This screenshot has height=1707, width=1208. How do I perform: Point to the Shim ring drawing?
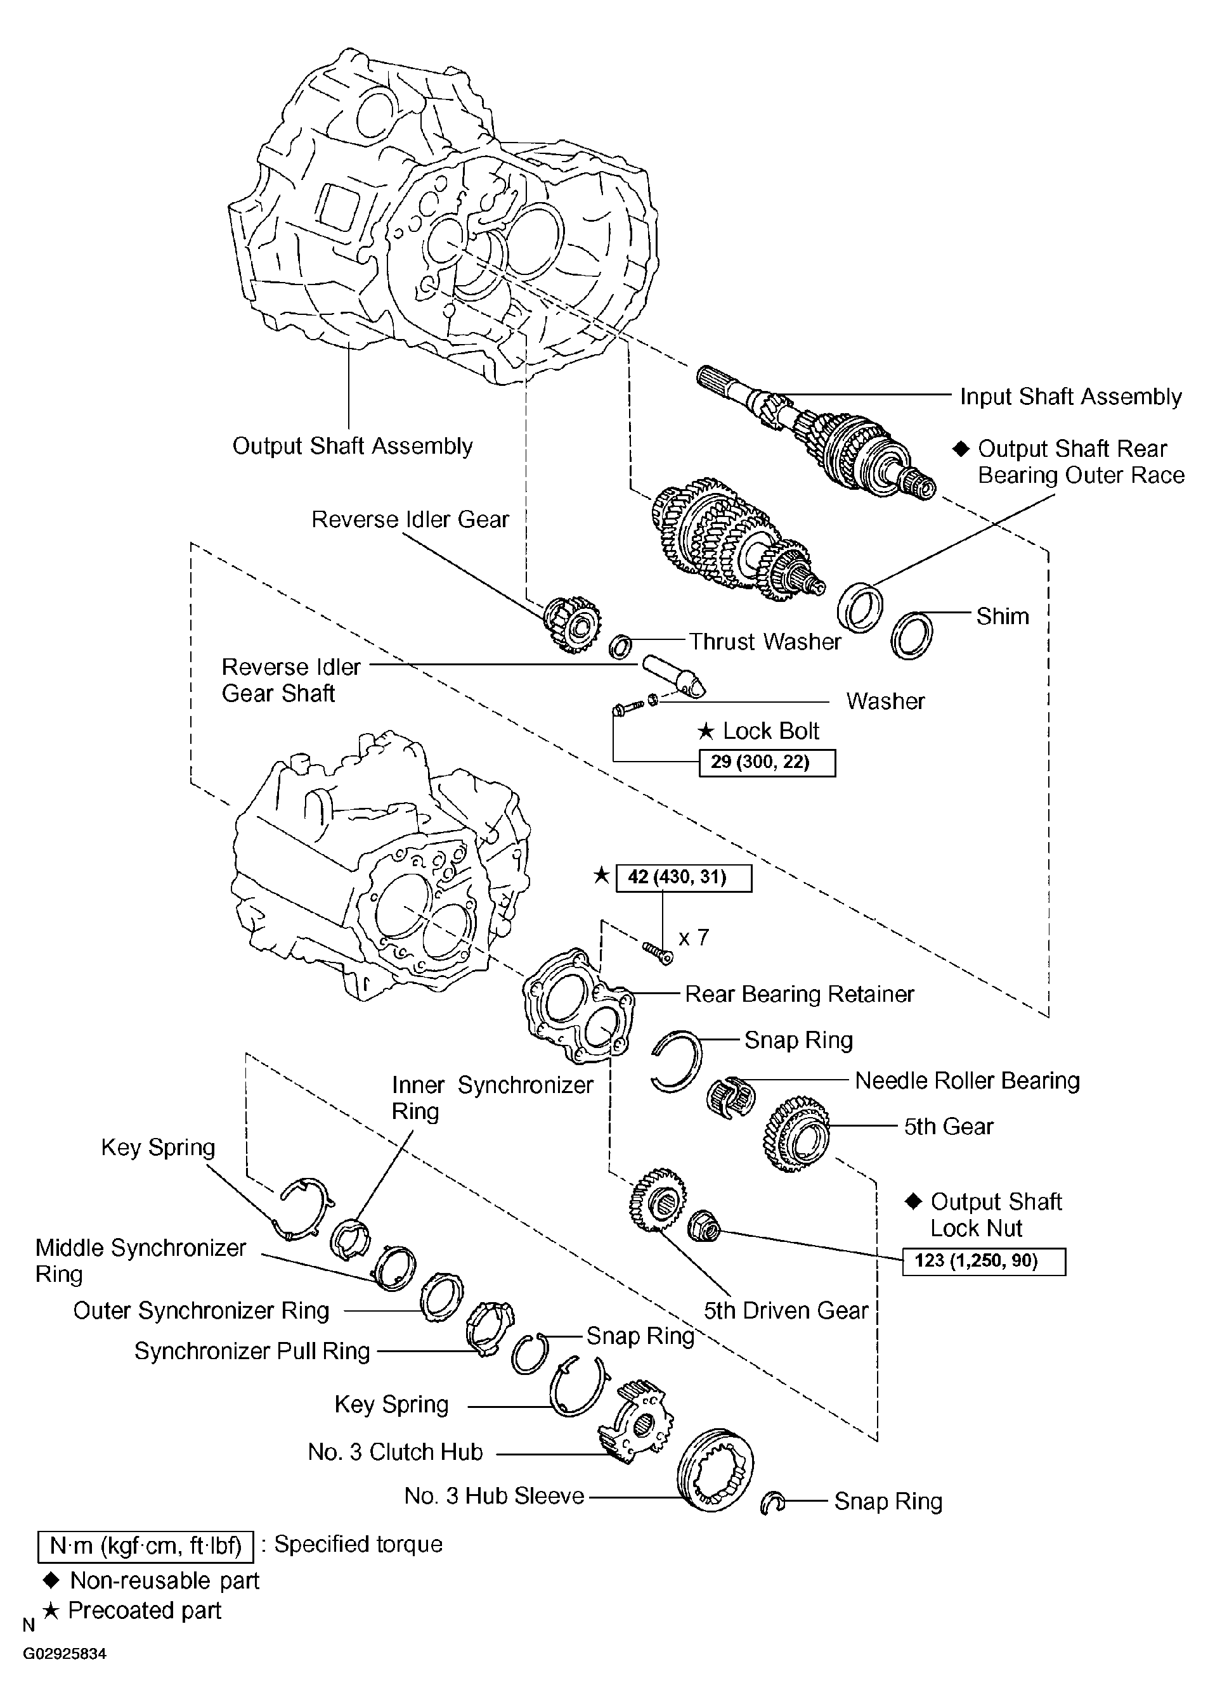pos(911,634)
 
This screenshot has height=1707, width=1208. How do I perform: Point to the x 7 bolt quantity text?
pos(693,938)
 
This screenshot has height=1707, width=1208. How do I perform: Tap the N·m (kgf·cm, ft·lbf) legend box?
pos(146,1547)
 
